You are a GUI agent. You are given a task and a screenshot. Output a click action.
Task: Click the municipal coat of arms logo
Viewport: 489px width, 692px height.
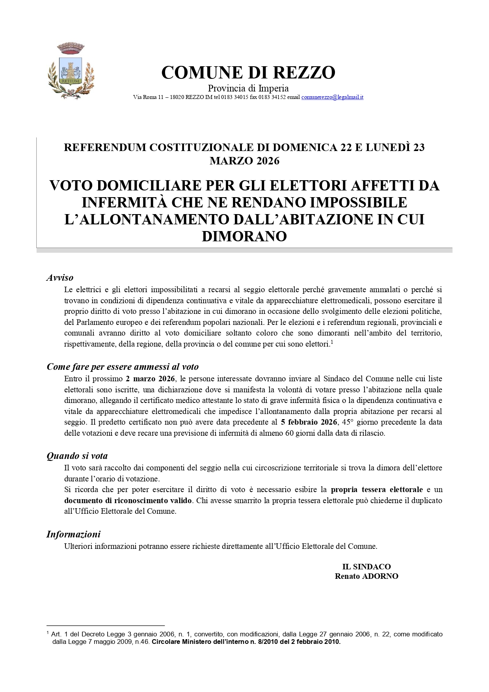[x=71, y=71]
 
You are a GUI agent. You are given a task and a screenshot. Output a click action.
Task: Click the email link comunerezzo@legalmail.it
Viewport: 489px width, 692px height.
[x=332, y=97]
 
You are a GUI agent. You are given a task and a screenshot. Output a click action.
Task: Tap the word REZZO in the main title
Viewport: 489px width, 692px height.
[x=309, y=73]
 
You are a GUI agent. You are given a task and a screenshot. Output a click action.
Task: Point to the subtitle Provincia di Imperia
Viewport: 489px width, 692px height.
[x=248, y=88]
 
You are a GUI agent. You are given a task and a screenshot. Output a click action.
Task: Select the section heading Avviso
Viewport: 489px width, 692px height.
[x=60, y=278]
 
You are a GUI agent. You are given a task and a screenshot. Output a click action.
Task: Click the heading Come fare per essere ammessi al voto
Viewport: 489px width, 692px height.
[x=123, y=367]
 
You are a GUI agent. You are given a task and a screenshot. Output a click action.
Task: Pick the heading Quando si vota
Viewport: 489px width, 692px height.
[x=77, y=456]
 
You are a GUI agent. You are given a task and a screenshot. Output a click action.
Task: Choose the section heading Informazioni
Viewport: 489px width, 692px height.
[x=73, y=534]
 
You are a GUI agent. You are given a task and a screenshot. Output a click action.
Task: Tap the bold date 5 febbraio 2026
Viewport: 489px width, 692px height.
[x=309, y=422]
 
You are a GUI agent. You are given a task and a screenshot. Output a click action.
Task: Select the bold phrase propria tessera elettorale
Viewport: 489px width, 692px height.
[x=377, y=489]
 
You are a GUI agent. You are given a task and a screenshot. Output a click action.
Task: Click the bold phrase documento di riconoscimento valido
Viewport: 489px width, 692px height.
[x=128, y=500]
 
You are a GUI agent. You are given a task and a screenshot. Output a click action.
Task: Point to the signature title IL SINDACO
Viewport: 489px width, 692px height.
[x=366, y=567]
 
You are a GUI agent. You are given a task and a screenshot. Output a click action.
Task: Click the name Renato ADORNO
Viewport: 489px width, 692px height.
[x=366, y=576]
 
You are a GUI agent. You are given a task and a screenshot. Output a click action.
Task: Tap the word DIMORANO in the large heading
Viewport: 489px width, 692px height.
[x=244, y=236]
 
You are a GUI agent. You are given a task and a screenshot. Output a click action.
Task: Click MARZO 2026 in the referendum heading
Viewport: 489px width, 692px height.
[x=244, y=161]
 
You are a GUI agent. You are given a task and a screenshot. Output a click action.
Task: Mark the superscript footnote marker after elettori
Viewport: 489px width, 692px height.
[x=332, y=342]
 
